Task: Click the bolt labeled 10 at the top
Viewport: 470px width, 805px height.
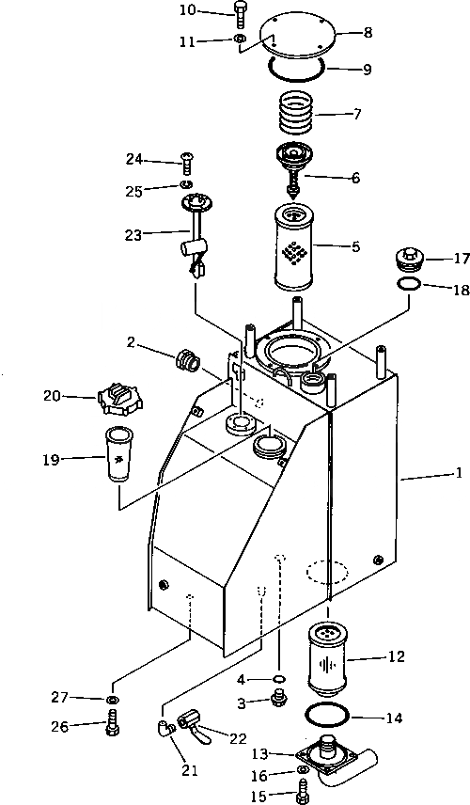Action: click(x=240, y=15)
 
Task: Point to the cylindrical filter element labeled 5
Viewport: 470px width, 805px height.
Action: click(x=296, y=247)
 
